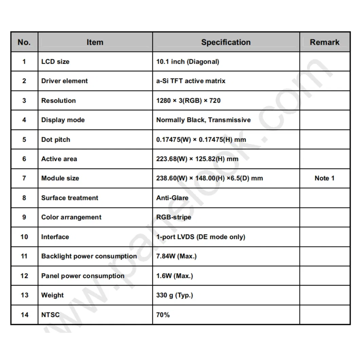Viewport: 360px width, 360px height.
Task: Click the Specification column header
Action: (226, 42)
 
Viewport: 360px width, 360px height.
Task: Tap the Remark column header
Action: (324, 42)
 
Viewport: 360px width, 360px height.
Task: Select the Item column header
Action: (95, 42)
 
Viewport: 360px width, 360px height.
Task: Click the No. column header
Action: (24, 42)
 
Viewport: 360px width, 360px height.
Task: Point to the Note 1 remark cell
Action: (324, 178)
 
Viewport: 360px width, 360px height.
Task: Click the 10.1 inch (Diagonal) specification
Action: (187, 62)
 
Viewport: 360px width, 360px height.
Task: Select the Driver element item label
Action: (65, 81)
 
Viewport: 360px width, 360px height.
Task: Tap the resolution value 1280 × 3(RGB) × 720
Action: (188, 101)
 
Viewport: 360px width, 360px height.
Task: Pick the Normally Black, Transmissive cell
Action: (203, 120)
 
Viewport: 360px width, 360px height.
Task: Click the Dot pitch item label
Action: (56, 140)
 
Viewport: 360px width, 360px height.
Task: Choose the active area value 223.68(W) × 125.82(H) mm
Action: (197, 159)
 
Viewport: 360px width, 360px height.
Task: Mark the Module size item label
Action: (60, 178)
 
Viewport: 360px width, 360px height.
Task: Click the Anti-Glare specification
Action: (172, 198)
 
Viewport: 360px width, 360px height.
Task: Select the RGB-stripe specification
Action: (174, 217)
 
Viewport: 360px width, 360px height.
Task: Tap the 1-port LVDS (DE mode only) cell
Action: (200, 237)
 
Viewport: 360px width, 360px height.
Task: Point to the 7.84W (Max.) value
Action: (176, 256)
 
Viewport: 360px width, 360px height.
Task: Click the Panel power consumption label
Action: (83, 276)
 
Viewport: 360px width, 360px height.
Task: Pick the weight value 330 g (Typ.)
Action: (175, 295)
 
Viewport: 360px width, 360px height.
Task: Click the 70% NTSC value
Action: (163, 315)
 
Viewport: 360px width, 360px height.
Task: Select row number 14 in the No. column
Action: (24, 315)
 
